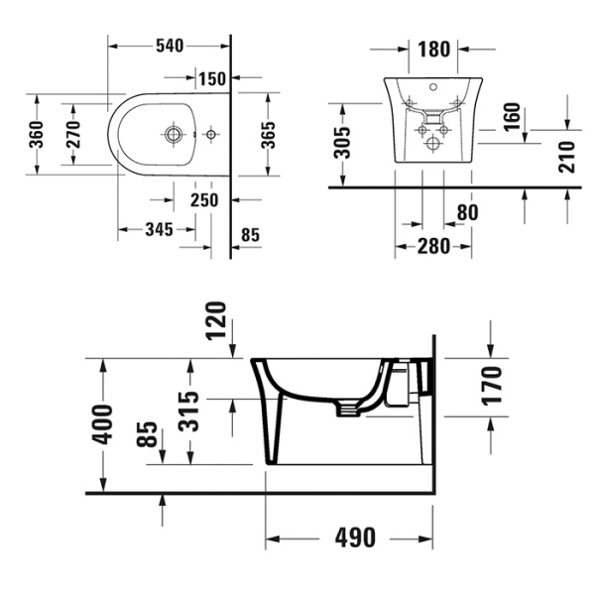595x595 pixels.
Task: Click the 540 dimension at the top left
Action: click(x=170, y=46)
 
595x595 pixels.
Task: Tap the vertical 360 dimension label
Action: click(x=36, y=136)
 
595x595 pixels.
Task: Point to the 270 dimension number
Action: click(x=73, y=136)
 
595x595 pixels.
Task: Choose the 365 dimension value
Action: click(x=268, y=136)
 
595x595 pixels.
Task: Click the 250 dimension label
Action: click(x=204, y=200)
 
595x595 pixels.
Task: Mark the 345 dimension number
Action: click(x=160, y=230)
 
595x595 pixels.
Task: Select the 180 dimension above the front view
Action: click(x=434, y=49)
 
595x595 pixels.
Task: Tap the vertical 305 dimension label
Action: click(x=342, y=144)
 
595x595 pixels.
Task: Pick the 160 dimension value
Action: click(x=513, y=116)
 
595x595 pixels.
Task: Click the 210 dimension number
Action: click(x=566, y=155)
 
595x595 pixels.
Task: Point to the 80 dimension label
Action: click(x=467, y=211)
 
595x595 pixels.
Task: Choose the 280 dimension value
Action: click(x=433, y=245)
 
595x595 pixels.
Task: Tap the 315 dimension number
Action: click(x=191, y=408)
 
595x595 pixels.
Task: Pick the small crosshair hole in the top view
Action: click(x=210, y=133)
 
